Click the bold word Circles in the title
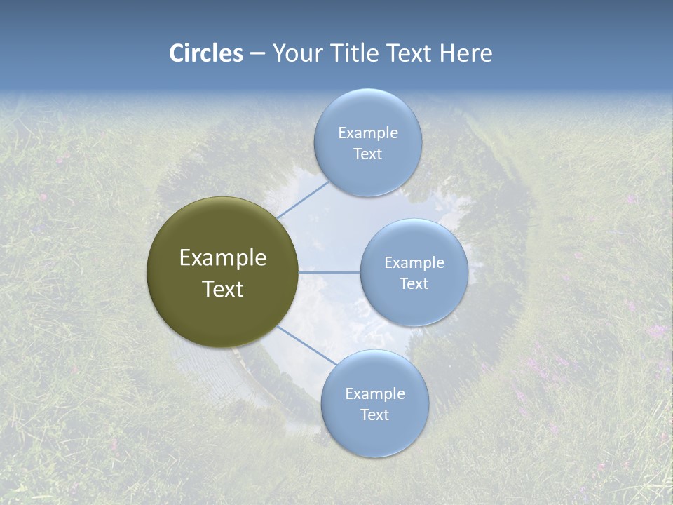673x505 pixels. point(205,53)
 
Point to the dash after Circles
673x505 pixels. point(257,54)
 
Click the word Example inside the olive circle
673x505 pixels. point(223,258)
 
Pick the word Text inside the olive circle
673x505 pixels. point(223,289)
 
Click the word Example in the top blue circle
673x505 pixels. point(367,133)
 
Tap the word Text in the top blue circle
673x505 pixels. point(367,154)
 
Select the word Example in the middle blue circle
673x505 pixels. point(414,262)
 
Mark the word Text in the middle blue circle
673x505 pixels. point(414,283)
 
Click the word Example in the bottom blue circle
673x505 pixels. point(374,393)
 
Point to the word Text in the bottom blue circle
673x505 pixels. point(374,415)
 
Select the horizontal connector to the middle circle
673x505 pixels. point(329,272)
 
